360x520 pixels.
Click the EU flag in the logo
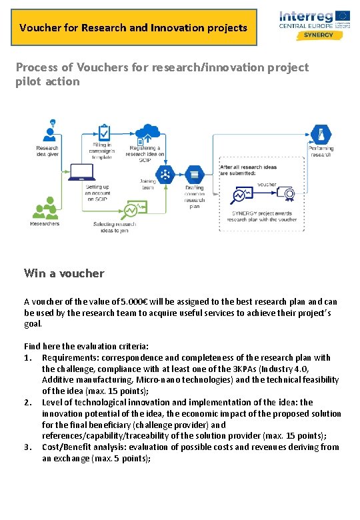pyautogui.click(x=343, y=15)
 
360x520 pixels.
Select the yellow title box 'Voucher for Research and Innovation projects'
pyautogui.click(x=133, y=27)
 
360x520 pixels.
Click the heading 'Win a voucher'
pyautogui.click(x=64, y=273)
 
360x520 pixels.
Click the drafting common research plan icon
pyautogui.click(x=194, y=175)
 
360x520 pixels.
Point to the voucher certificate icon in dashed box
pyautogui.click(x=289, y=195)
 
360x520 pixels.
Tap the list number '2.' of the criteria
pyautogui.click(x=28, y=402)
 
